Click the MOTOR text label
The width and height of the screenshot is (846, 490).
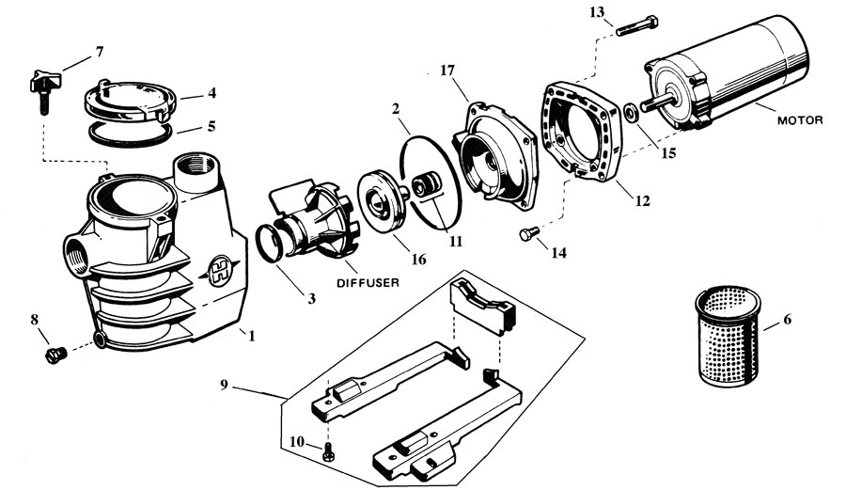(x=800, y=119)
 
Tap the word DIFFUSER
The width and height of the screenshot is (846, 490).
(x=368, y=282)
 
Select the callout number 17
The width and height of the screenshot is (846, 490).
(x=447, y=71)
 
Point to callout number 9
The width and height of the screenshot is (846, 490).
(x=225, y=385)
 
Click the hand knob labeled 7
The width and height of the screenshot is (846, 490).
(x=44, y=89)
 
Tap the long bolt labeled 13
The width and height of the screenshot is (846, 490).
(x=637, y=26)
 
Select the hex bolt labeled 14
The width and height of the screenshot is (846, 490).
(x=528, y=234)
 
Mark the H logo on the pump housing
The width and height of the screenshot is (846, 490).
(x=221, y=266)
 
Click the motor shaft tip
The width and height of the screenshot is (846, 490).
(x=644, y=105)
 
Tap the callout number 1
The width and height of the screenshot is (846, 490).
(x=251, y=336)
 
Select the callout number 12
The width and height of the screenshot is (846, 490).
(x=642, y=201)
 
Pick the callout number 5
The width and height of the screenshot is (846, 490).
(x=211, y=126)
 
